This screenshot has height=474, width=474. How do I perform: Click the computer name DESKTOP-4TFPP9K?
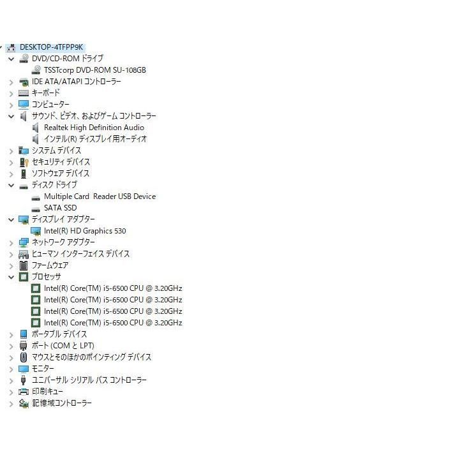tap(51, 47)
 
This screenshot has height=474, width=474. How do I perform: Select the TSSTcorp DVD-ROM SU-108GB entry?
tap(94, 70)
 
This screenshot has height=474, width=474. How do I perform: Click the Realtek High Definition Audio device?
tap(94, 128)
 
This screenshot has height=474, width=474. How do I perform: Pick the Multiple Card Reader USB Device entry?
tap(100, 196)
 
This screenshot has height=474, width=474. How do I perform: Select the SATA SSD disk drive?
tap(60, 208)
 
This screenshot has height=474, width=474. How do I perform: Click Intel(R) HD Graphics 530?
tap(85, 231)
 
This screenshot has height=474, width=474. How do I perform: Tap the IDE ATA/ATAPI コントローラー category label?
tap(76, 82)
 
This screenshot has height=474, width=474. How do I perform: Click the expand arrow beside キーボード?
tap(11, 94)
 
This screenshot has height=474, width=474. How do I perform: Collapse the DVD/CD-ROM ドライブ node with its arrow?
tap(11, 59)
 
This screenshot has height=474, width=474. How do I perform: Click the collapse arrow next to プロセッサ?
tap(11, 278)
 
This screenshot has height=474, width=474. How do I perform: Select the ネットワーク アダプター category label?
tap(63, 242)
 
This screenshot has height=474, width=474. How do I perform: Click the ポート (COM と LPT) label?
tap(63, 346)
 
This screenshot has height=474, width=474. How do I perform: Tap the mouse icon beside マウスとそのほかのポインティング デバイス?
tap(23, 357)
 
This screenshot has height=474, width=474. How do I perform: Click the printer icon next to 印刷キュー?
tap(23, 392)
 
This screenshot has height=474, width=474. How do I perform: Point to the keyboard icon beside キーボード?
tap(23, 93)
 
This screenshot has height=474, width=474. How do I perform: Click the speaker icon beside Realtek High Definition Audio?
tap(36, 128)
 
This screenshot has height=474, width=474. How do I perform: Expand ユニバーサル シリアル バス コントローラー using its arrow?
tap(11, 381)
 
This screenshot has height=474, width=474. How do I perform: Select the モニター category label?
tap(43, 369)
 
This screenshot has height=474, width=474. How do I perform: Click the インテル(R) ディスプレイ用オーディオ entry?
tap(95, 139)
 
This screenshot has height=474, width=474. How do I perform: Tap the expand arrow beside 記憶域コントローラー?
tap(11, 404)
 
